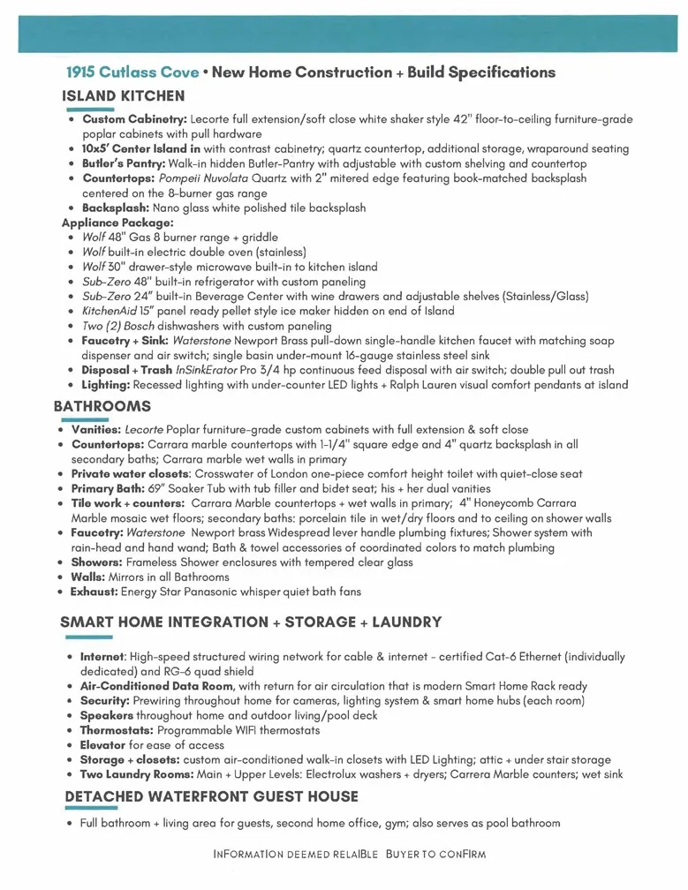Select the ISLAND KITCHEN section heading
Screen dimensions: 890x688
(124, 95)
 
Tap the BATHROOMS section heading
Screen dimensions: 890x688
(102, 407)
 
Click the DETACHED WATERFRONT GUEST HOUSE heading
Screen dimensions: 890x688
(212, 796)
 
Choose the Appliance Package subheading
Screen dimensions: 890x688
(117, 222)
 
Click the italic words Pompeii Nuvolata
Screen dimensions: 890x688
(212, 178)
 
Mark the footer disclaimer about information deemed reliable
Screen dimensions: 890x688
(350, 855)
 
